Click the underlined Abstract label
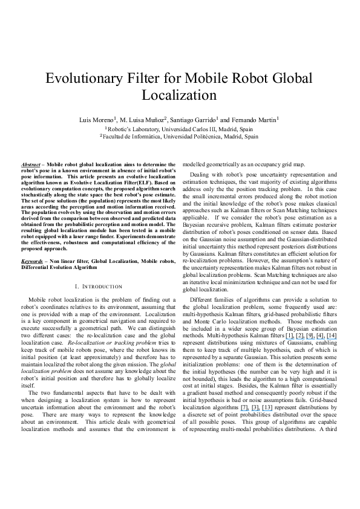click(30, 164)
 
